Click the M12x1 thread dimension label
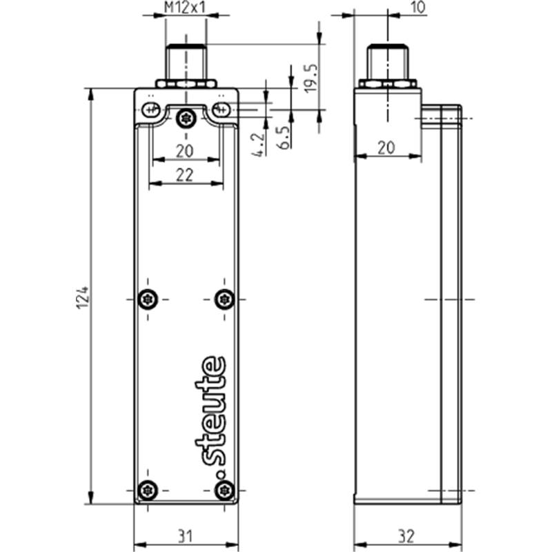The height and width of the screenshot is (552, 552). point(184,8)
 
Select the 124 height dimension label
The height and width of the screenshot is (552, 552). point(83,298)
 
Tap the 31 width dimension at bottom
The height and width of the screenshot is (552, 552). point(185,537)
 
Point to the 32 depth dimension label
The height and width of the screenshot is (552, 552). point(406,537)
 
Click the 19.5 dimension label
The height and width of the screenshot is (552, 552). point(311,78)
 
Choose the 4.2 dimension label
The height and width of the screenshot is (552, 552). point(258,144)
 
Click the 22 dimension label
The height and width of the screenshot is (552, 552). point(185,175)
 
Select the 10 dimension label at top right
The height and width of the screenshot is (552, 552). point(417,8)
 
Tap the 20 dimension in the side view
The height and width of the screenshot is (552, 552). point(386,148)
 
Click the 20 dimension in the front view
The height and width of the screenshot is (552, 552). point(185,151)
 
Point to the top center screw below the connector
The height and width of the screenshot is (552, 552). point(186,119)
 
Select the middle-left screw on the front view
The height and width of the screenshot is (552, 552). point(148,299)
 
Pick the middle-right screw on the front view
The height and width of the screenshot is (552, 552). point(225,299)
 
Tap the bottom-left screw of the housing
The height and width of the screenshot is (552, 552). point(148,490)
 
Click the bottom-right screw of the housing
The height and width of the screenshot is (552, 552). point(225,490)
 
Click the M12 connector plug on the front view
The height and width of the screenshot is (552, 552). point(186,66)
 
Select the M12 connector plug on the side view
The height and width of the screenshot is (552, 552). point(387,66)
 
